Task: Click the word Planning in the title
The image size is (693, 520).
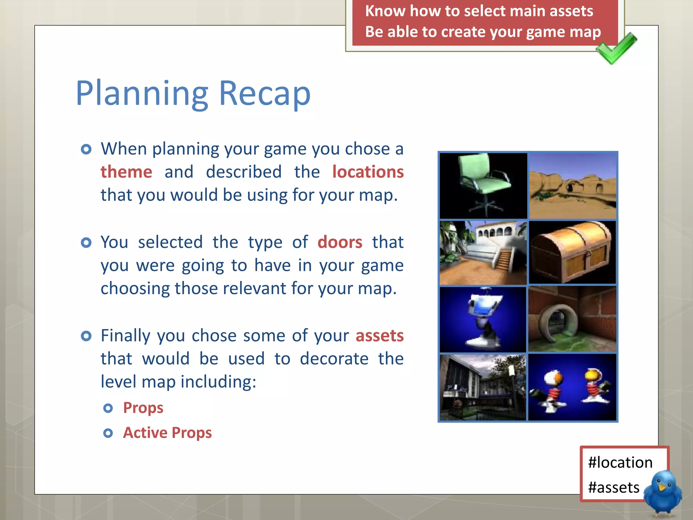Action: [142, 94]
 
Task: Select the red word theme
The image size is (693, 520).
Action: [126, 172]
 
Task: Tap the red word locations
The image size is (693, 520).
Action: [368, 172]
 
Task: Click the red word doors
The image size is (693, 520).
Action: [340, 242]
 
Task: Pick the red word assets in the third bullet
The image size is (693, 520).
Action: [379, 336]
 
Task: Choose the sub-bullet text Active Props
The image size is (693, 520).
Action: [167, 433]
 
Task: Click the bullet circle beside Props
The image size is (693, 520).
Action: [108, 408]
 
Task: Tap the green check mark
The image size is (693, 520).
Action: [617, 48]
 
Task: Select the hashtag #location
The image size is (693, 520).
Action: [620, 462]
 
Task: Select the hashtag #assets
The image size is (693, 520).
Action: [613, 487]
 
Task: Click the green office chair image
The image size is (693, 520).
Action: [483, 186]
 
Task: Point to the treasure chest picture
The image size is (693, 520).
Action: [572, 252]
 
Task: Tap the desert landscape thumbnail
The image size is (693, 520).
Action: [573, 186]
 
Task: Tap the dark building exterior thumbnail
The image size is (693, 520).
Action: [483, 387]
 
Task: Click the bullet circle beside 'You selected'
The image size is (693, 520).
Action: [86, 243]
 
